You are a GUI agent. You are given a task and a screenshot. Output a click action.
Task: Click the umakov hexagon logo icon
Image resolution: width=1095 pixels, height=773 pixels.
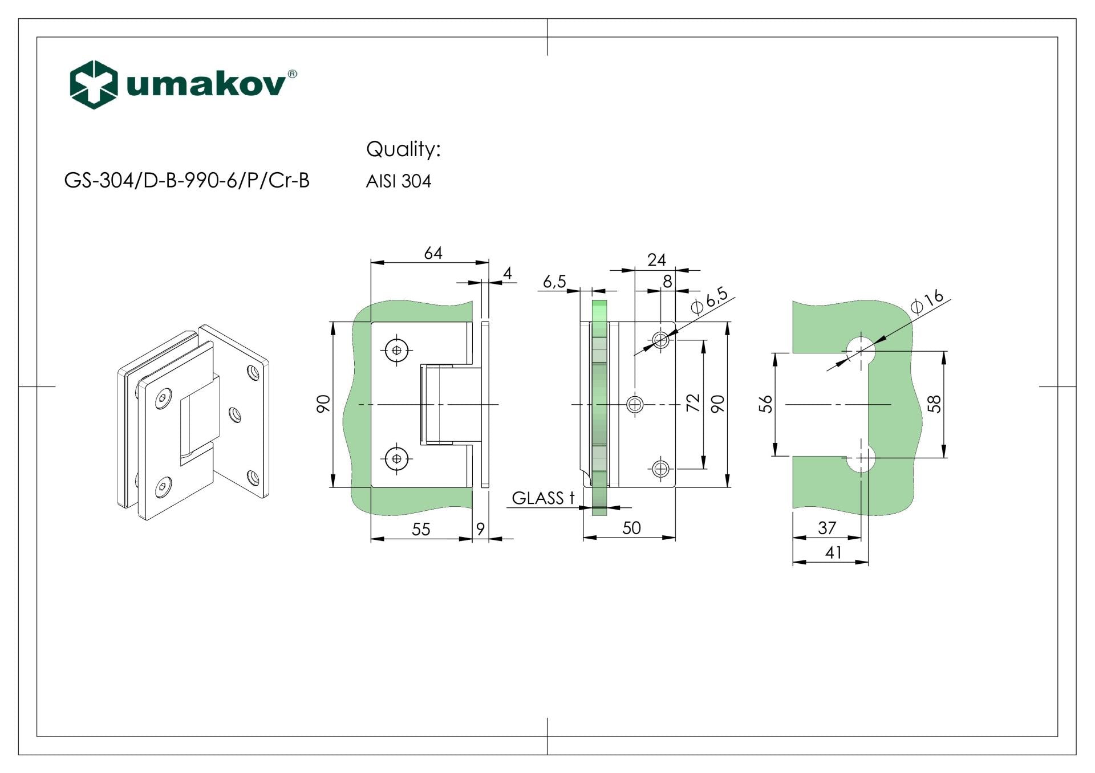(x=94, y=84)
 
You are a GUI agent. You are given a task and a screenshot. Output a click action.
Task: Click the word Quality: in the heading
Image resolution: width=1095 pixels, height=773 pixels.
(x=403, y=149)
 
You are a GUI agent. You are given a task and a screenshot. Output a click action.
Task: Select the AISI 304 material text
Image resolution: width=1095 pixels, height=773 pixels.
(x=398, y=181)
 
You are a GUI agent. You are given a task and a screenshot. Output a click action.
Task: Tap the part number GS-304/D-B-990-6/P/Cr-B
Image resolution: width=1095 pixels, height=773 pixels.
(x=186, y=181)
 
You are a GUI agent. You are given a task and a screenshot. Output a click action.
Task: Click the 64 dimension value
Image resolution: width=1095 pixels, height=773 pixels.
(x=433, y=253)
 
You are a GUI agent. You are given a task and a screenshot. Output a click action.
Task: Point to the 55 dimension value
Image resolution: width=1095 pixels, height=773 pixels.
(x=421, y=530)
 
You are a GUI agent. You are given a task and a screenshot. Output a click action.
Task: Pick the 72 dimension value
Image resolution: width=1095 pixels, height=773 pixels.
(x=693, y=403)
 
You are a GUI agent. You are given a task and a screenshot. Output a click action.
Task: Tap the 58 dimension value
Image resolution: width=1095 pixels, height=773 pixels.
(x=935, y=404)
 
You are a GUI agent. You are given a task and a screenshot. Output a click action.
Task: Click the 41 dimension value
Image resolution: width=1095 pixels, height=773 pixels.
(x=833, y=552)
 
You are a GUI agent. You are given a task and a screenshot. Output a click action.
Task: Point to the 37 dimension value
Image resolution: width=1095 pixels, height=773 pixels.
(x=827, y=528)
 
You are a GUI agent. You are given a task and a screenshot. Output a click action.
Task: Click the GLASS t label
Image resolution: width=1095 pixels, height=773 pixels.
(x=542, y=498)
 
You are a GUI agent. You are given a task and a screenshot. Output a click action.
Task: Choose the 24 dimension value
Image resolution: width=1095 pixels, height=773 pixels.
(x=656, y=260)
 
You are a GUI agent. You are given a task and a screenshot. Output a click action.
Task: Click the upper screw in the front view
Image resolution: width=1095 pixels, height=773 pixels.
(x=397, y=351)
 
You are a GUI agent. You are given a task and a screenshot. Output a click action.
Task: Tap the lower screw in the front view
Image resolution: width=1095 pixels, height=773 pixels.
(x=397, y=458)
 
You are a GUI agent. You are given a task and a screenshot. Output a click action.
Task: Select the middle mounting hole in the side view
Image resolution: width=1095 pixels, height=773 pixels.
(x=635, y=405)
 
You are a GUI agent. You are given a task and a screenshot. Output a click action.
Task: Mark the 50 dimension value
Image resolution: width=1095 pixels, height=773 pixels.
(x=631, y=528)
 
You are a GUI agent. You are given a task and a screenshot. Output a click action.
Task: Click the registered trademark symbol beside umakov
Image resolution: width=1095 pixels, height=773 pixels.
(x=292, y=74)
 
